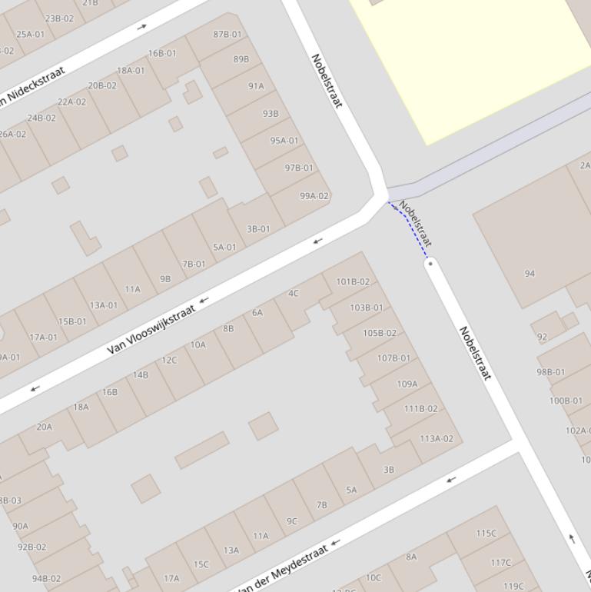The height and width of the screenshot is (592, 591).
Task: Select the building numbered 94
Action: click(x=530, y=274)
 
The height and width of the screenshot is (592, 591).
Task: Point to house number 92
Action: click(x=543, y=337)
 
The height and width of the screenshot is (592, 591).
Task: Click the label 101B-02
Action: click(x=353, y=281)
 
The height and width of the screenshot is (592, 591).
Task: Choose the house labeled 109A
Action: click(x=407, y=384)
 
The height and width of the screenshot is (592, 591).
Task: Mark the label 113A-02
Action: click(x=437, y=439)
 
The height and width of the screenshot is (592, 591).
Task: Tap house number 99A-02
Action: click(x=314, y=196)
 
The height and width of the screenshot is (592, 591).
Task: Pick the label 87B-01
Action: click(x=227, y=34)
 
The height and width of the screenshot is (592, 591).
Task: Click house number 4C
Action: click(x=293, y=293)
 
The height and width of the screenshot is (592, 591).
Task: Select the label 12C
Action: click(x=169, y=360)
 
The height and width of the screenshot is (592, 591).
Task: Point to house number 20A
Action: click(x=45, y=427)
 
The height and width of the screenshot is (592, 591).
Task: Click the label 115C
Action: click(x=486, y=533)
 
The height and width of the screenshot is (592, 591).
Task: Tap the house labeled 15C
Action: click(x=201, y=564)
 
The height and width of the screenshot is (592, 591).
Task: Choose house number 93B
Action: click(x=271, y=113)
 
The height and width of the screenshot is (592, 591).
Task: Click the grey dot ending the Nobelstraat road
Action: click(x=430, y=263)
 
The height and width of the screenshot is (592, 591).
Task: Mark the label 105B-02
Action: click(x=380, y=333)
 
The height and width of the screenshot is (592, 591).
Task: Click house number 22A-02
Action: click(x=71, y=101)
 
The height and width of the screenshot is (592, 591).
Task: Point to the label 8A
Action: click(x=411, y=557)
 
